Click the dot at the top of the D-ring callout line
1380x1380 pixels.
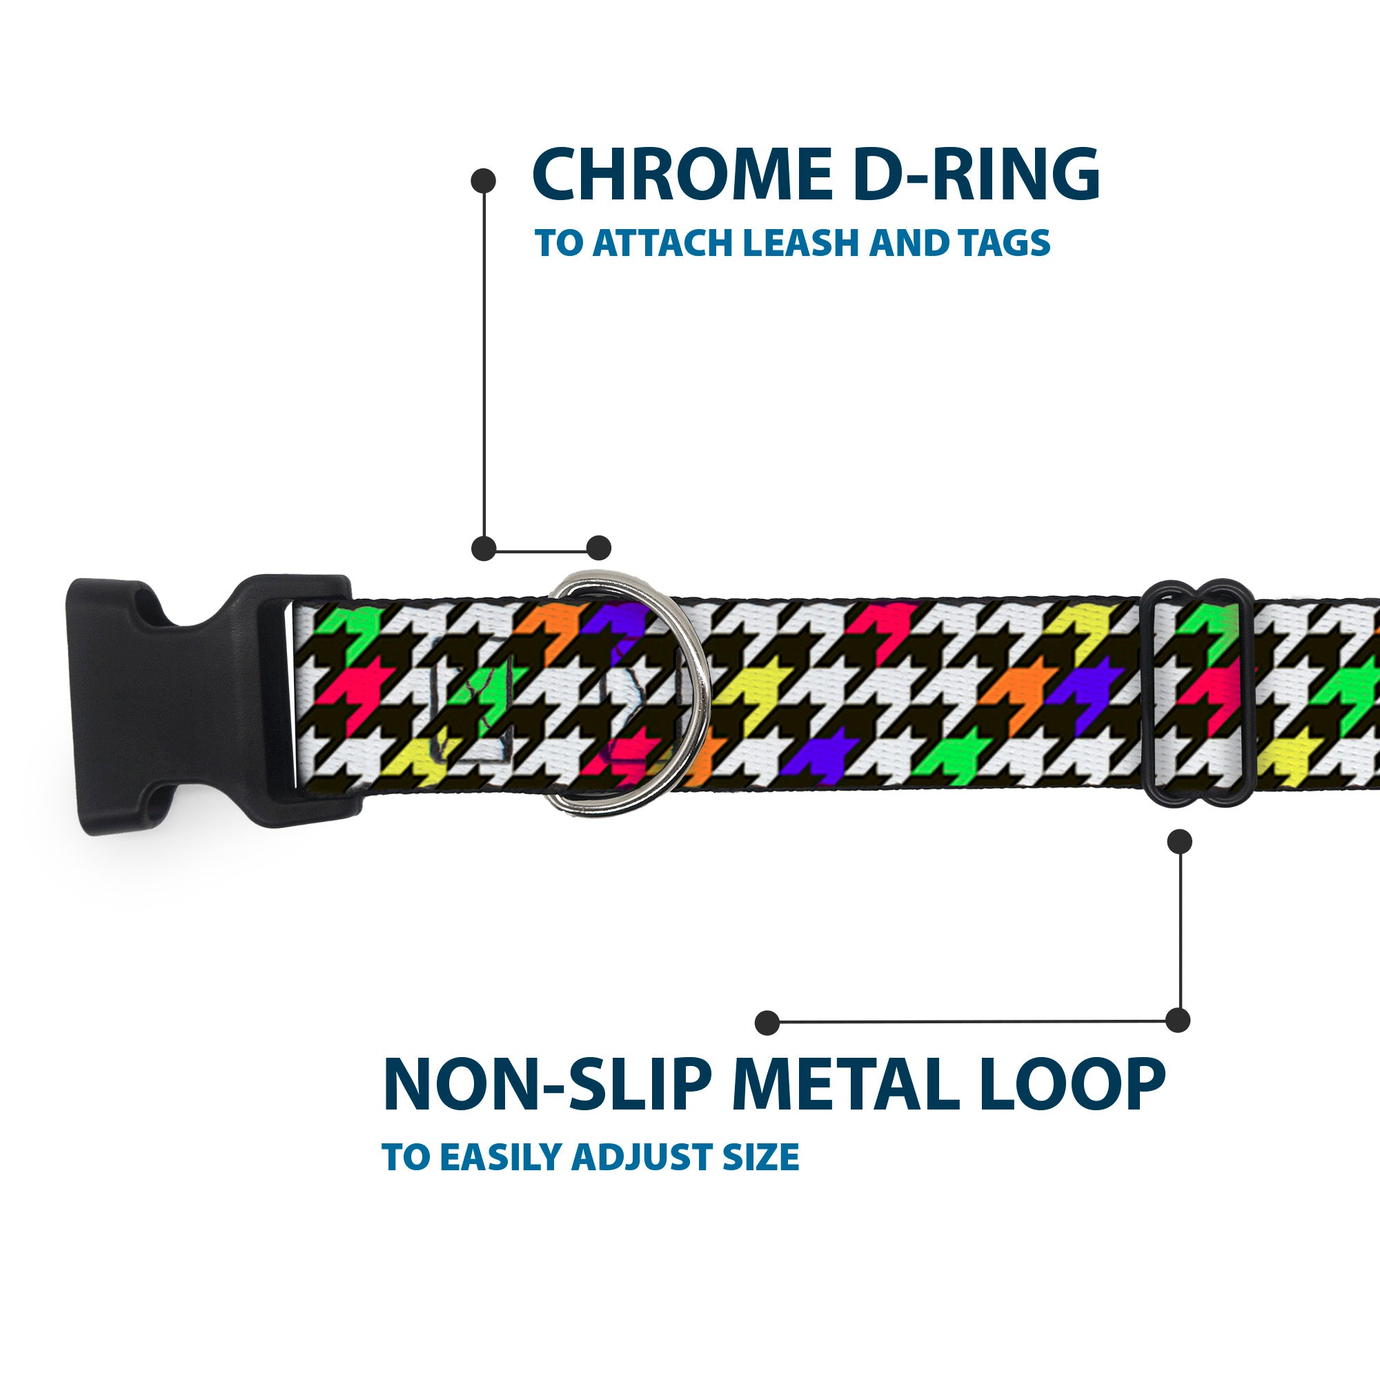click(484, 180)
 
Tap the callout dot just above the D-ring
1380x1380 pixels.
click(598, 548)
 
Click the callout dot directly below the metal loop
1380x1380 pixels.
click(1179, 841)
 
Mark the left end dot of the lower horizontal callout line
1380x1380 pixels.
click(767, 1022)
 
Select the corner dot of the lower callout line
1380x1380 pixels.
click(1178, 1020)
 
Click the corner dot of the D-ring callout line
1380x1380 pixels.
click(484, 548)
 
